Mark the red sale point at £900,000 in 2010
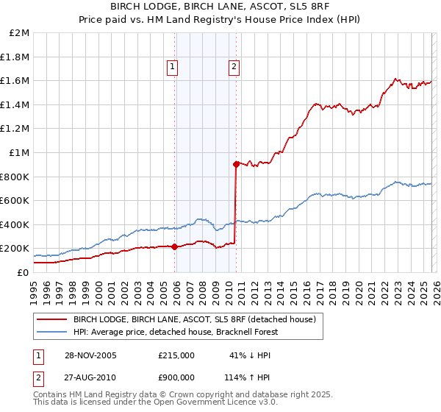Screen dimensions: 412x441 click(236, 165)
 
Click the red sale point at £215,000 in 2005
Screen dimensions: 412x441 click(174, 246)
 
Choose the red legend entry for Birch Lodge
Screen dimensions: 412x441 click(194, 319)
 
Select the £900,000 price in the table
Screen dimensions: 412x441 click(176, 377)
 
